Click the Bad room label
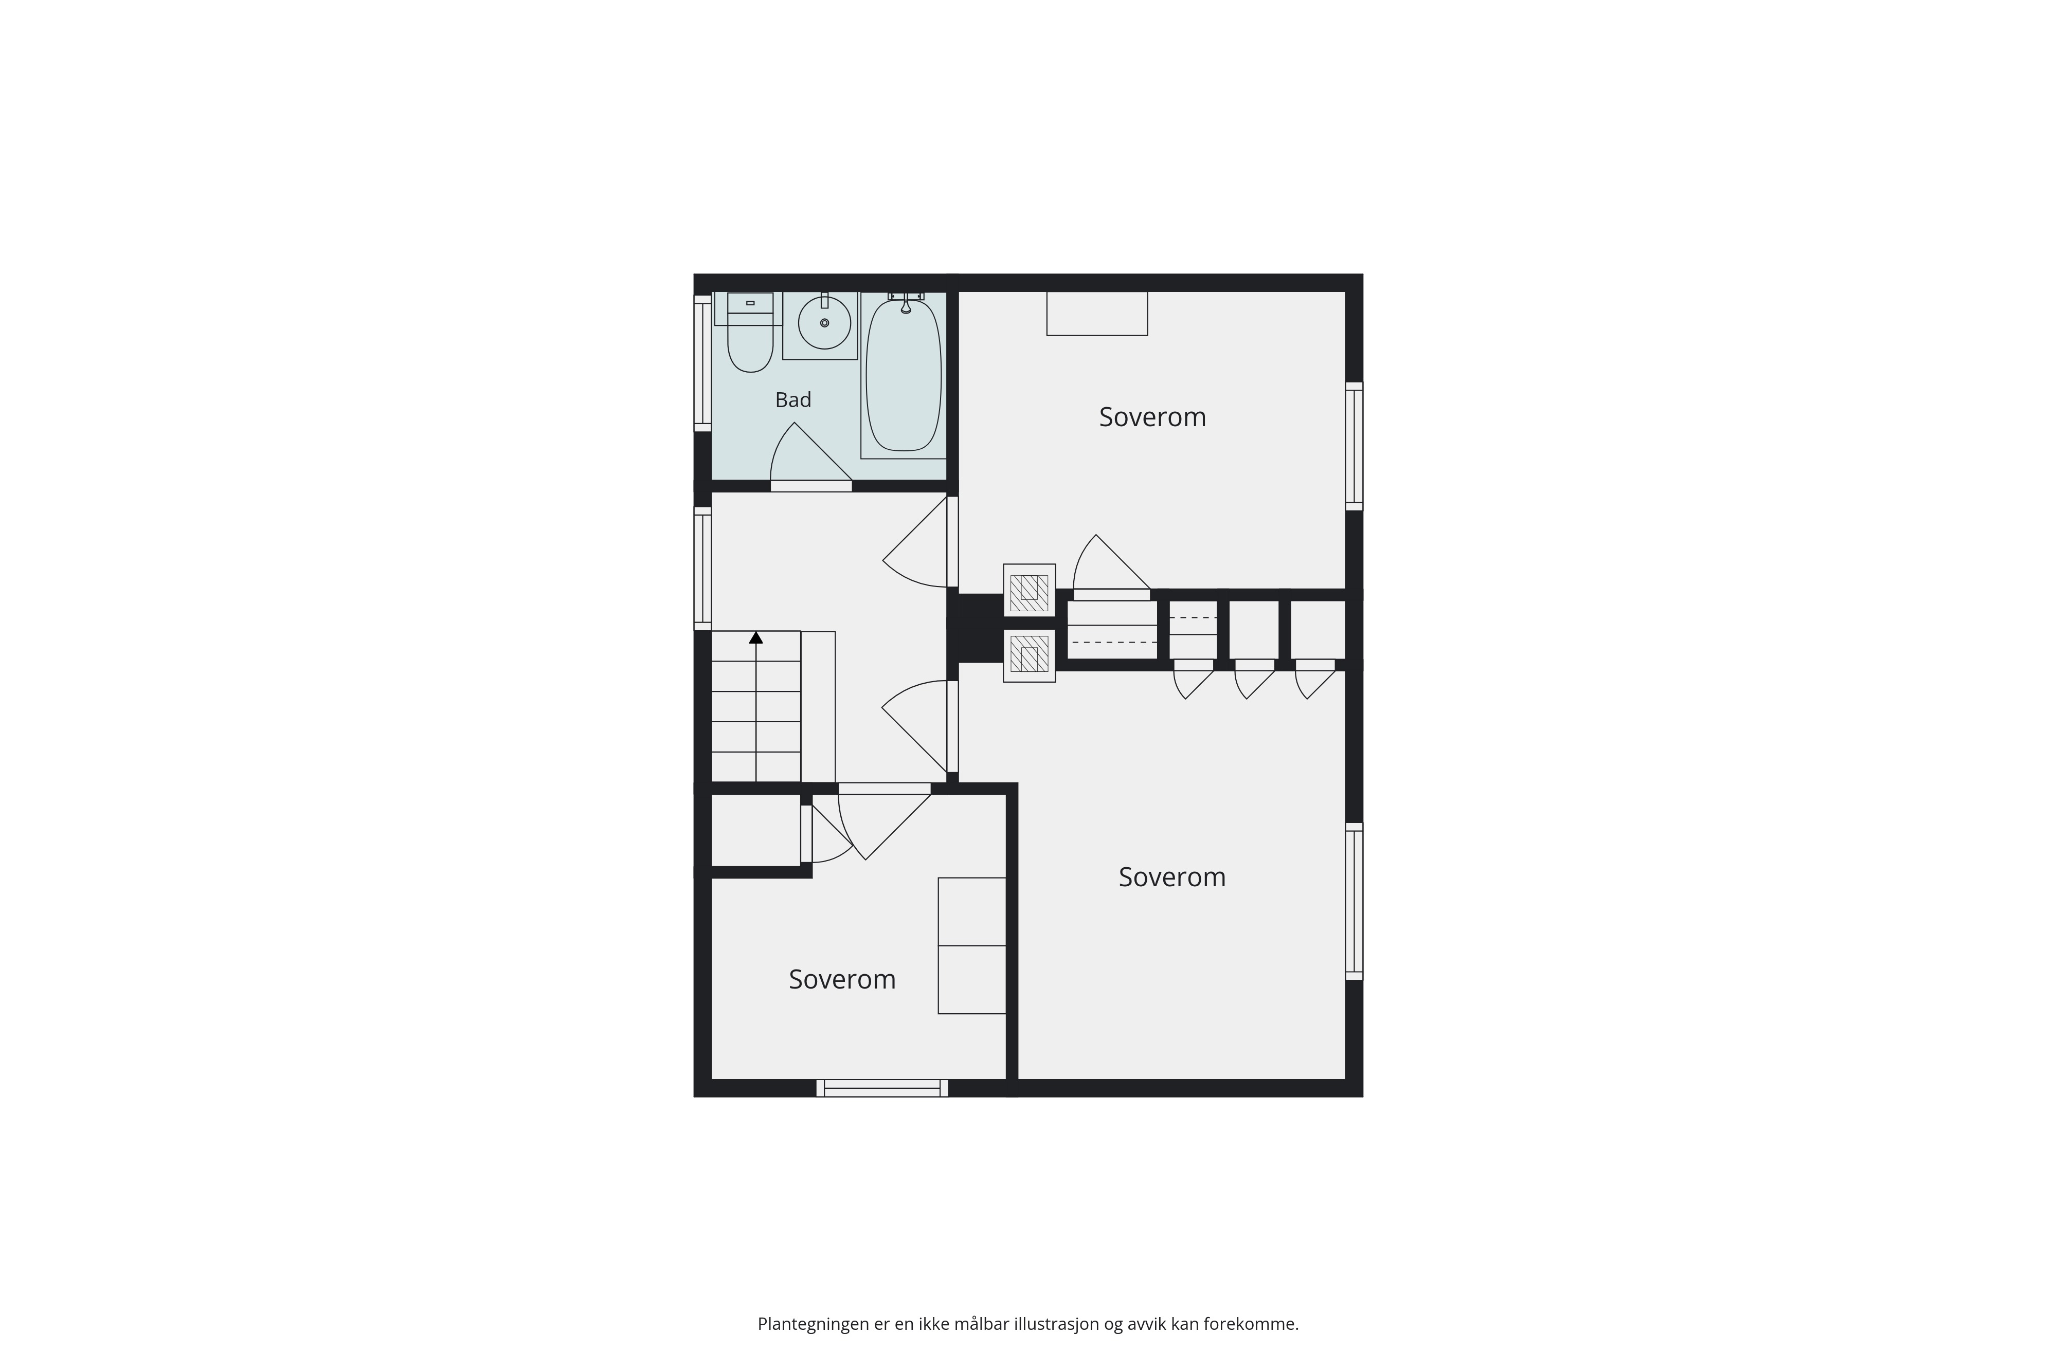(793, 399)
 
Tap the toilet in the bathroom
(749, 332)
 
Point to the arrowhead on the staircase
(755, 637)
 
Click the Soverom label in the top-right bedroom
(1152, 417)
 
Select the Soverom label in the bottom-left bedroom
(842, 979)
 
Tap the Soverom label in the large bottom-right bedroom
(1172, 877)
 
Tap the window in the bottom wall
(882, 1088)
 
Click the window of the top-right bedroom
(1354, 446)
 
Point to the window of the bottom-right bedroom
(1354, 901)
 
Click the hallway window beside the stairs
(702, 569)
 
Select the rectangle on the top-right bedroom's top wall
(1097, 313)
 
